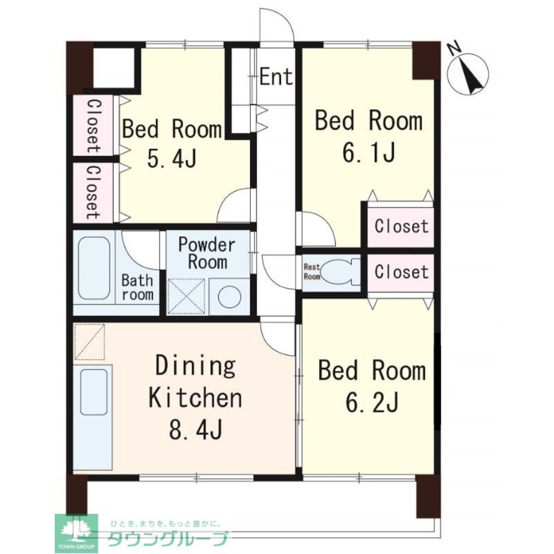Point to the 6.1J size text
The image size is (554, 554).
tap(368, 153)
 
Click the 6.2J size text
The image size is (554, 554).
tap(372, 402)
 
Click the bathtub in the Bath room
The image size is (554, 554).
tap(94, 268)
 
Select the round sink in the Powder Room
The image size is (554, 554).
tap(230, 296)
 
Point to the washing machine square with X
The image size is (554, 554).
tap(186, 296)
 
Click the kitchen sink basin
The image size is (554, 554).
tap(94, 392)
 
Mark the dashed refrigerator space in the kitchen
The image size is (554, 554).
tap(90, 341)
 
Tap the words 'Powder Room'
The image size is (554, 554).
tap(207, 253)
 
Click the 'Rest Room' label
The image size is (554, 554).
tap(312, 271)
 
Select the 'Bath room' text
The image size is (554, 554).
tap(137, 288)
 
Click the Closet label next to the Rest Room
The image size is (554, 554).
tap(401, 271)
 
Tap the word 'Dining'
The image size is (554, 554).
tap(195, 366)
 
